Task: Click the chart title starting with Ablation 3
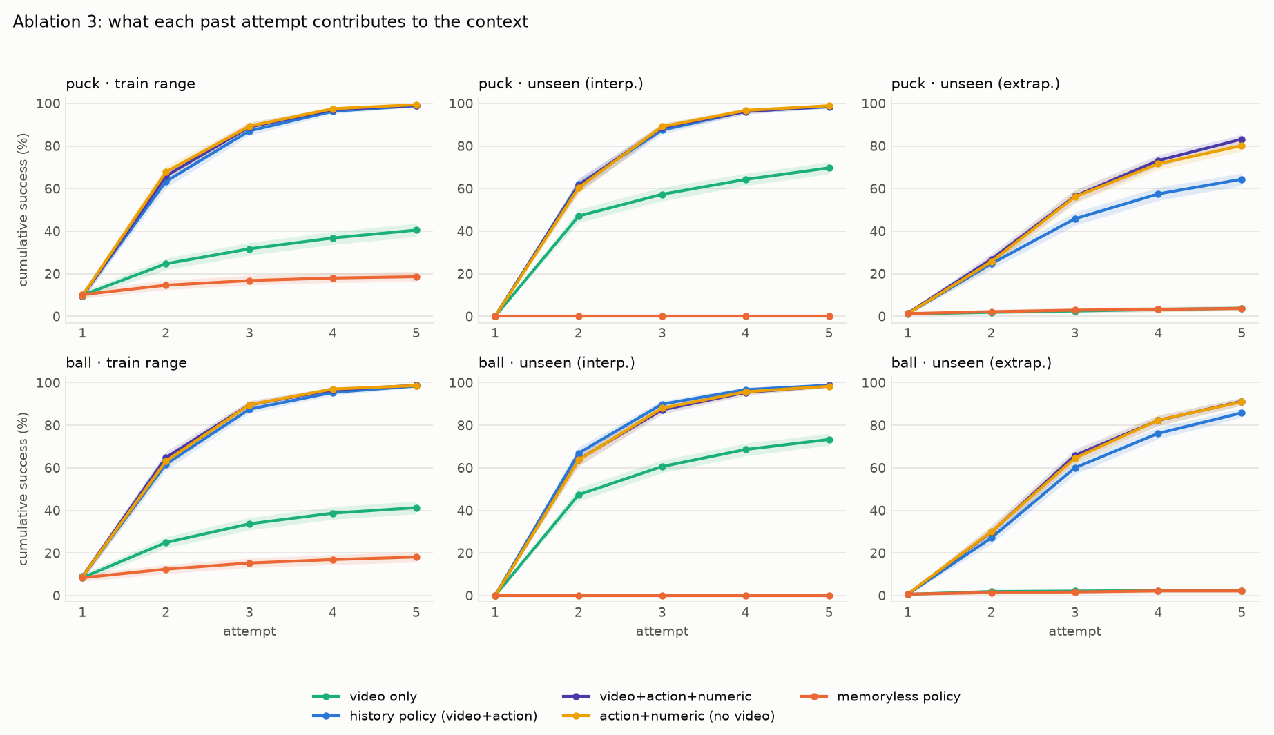pos(271,22)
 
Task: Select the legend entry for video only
pos(365,697)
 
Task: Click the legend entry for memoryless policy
pos(880,697)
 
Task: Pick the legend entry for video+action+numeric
pos(657,697)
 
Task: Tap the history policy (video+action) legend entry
pos(425,716)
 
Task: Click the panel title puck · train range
pos(131,84)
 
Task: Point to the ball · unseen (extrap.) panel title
pos(972,362)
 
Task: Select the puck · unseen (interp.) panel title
pos(561,84)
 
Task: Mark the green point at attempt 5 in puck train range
pos(416,231)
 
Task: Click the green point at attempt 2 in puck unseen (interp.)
pos(579,216)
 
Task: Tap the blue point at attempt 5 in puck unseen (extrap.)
pos(1242,179)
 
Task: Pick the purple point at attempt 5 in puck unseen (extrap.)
pos(1242,139)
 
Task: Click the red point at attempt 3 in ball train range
pos(249,563)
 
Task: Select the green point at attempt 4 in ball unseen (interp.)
pos(746,449)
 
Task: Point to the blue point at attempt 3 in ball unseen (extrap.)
pos(1075,468)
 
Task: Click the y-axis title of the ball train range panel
pos(23,489)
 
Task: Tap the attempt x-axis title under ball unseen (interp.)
pos(662,631)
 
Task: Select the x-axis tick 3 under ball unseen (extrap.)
pos(1075,612)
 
